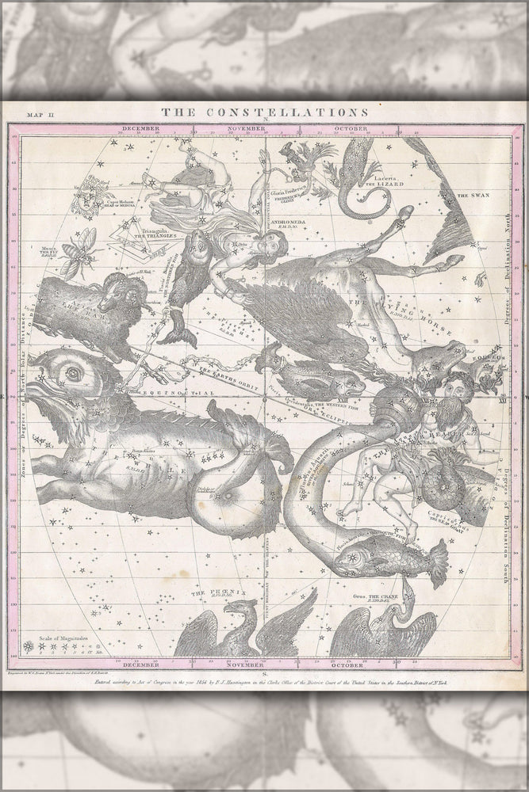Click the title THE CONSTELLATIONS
(x=264, y=113)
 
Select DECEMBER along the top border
(x=140, y=128)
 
